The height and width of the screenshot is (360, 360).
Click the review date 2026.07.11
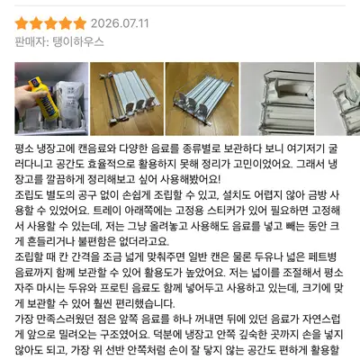click(x=120, y=23)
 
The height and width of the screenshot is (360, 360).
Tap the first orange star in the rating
click(x=21, y=23)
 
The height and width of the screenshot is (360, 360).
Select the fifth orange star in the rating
click(x=80, y=23)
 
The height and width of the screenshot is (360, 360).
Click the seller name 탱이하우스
click(x=78, y=41)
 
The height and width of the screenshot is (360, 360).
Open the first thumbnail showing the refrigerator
click(x=51, y=99)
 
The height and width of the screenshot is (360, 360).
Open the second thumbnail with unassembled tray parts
click(x=127, y=99)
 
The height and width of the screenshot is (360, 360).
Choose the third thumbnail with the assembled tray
click(x=202, y=99)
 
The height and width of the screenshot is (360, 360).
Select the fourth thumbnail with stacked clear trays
click(x=277, y=99)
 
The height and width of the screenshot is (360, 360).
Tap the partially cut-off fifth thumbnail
click(x=338, y=99)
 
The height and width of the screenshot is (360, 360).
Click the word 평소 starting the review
click(x=24, y=148)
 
